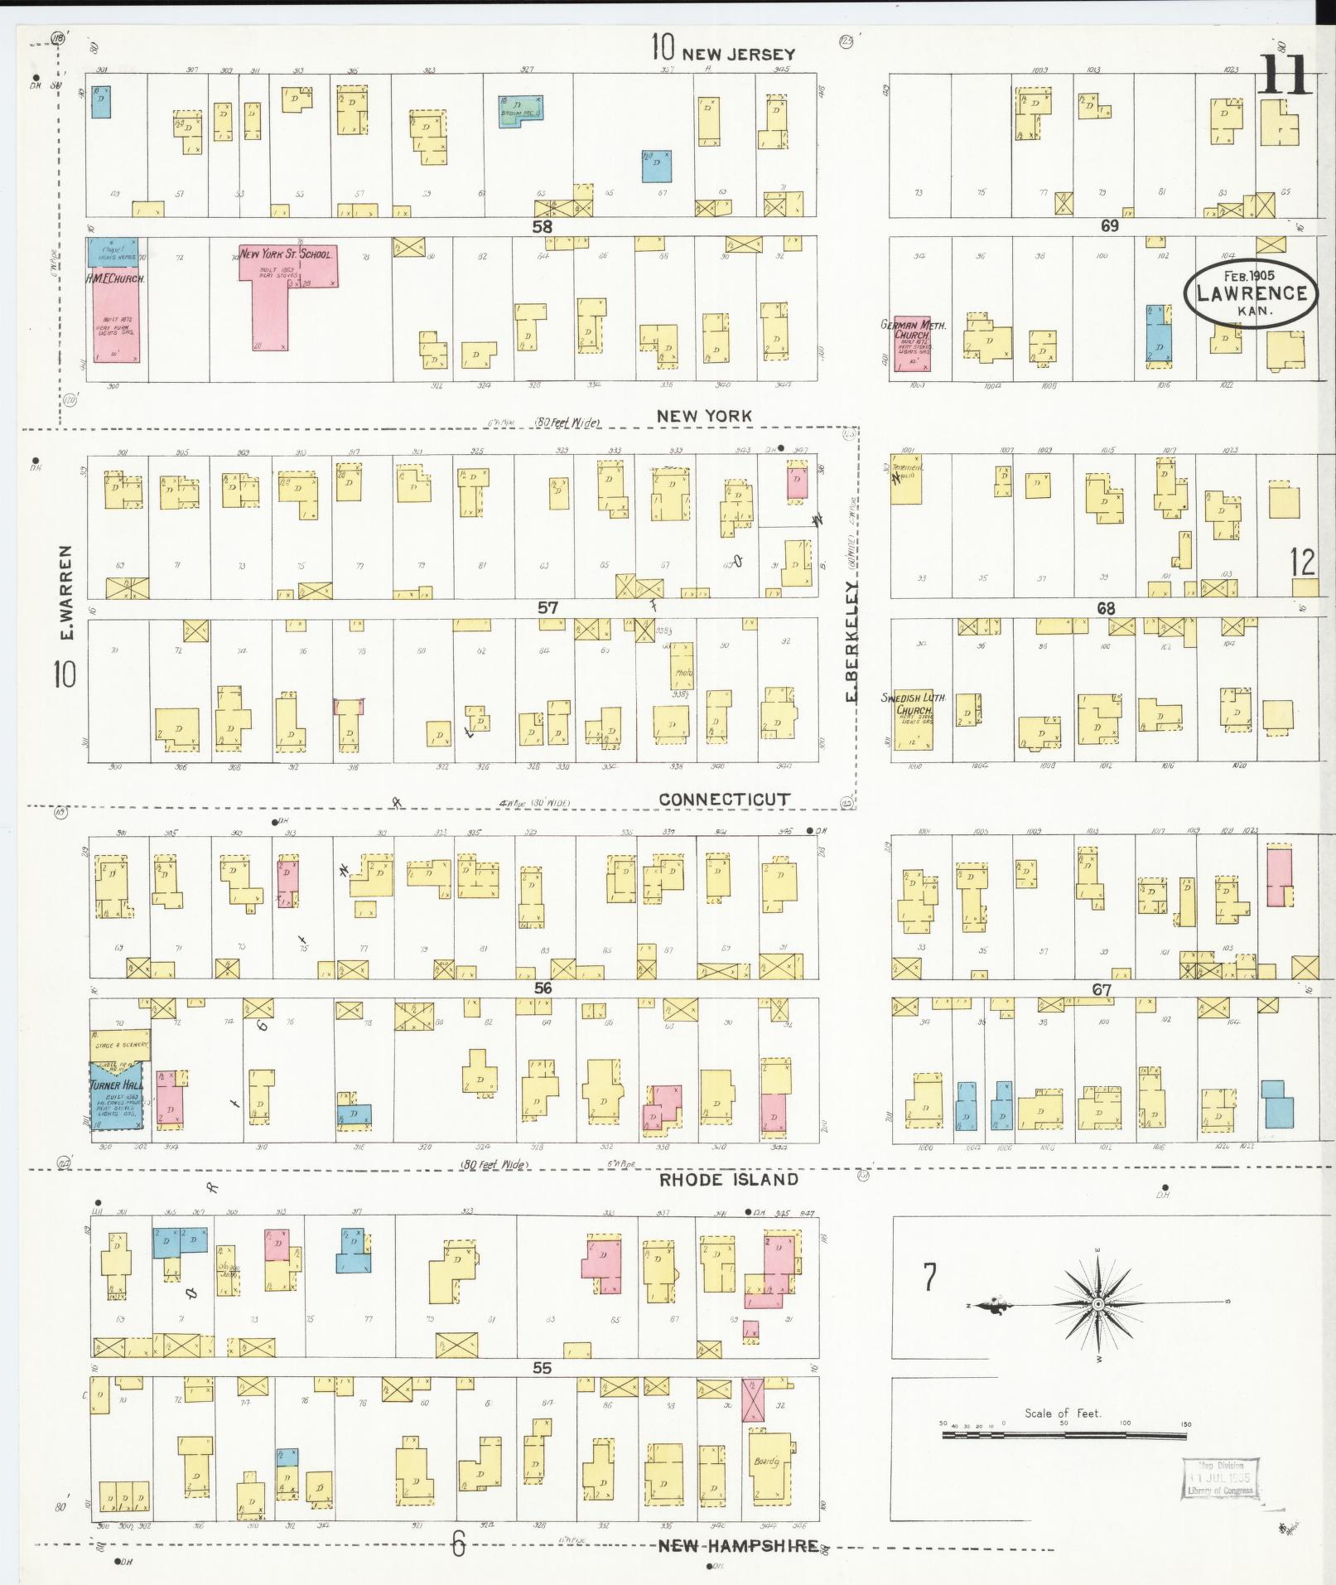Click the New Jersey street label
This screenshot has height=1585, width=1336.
(737, 54)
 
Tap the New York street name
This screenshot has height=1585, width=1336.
(704, 416)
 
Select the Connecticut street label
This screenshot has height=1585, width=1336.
(724, 799)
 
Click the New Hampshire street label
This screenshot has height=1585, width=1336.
(738, 1546)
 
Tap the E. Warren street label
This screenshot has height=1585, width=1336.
(67, 592)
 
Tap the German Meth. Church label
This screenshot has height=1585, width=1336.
(914, 331)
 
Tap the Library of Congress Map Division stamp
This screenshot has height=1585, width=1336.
(1220, 1478)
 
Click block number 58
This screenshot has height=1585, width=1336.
(542, 226)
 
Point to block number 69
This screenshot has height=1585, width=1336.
(1109, 225)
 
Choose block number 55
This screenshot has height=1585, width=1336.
(542, 1367)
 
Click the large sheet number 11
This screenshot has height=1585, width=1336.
(1283, 76)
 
